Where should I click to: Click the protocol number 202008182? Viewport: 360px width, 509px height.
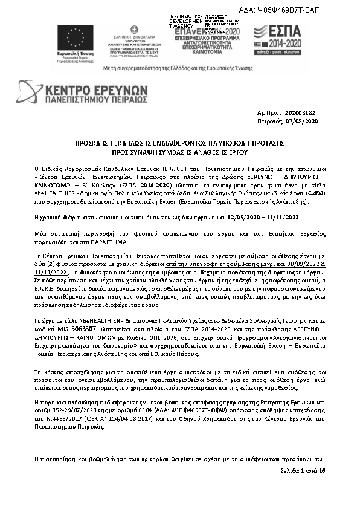click(x=304, y=114)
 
